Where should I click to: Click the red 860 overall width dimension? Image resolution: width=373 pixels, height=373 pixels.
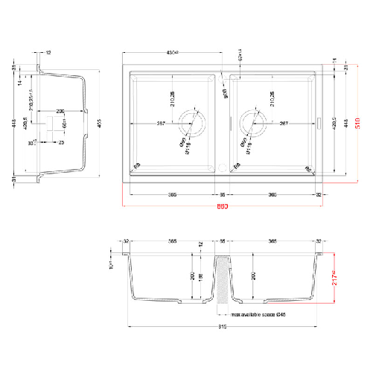coord(223,206)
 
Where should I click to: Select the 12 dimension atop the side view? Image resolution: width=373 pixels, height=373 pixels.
coord(48,53)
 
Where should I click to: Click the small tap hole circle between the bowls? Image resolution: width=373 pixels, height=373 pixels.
coord(223,165)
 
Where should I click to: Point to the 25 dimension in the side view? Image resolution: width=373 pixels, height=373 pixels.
coord(61,141)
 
